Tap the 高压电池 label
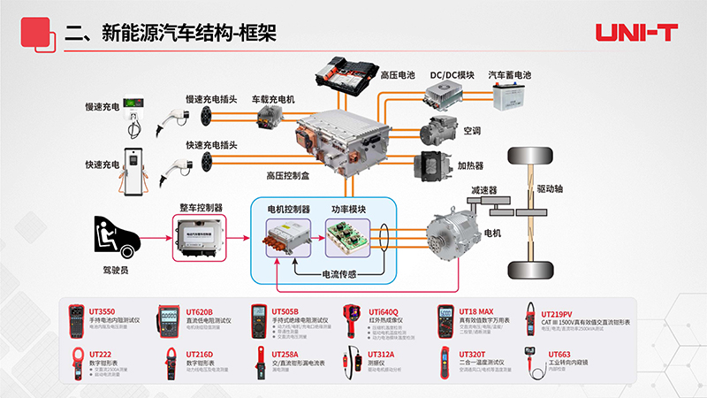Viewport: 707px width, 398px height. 398,76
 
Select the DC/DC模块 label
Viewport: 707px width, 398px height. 452,76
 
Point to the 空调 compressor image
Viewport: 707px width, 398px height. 439,130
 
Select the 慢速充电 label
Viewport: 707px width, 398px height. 102,106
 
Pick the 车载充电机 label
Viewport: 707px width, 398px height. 272,99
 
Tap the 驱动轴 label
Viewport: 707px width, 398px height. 551,189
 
